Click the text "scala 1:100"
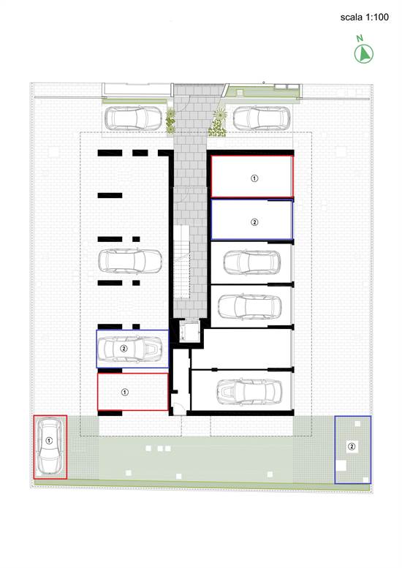click(364, 17)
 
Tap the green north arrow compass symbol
click(363, 53)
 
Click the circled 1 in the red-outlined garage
click(254, 178)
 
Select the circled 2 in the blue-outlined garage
click(254, 222)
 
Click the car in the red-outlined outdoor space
click(50, 446)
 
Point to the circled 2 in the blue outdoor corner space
click(352, 446)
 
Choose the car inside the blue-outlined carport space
click(130, 349)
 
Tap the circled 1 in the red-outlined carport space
click(124, 392)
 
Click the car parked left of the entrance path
click(133, 118)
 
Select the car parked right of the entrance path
click(262, 118)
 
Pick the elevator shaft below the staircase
click(189, 330)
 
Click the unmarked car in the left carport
click(130, 261)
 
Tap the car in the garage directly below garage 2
click(252, 262)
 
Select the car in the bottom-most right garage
click(249, 393)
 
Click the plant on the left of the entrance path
click(170, 121)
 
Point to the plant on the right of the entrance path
click(218, 123)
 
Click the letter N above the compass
click(360, 38)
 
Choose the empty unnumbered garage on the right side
click(241, 349)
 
